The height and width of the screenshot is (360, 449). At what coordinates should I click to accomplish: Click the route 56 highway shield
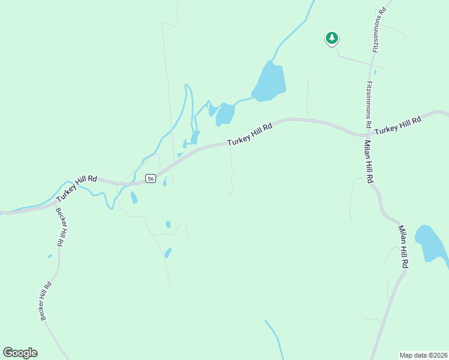point(150,178)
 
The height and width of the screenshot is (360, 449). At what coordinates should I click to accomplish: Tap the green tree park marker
point(331,38)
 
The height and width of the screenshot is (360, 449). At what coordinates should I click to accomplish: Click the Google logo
point(20,353)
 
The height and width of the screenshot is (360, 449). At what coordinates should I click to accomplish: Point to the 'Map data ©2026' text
point(423,355)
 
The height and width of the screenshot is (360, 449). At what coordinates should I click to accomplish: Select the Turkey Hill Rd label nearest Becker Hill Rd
point(76,188)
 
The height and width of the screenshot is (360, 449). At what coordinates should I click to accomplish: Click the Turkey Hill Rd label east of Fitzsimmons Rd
point(398,125)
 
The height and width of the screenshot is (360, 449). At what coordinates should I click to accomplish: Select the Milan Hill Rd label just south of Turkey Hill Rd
point(367,160)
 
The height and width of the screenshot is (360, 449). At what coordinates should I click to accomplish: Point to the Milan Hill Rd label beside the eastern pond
point(404,246)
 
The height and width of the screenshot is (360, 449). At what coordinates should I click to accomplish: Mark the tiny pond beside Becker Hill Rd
point(50,256)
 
